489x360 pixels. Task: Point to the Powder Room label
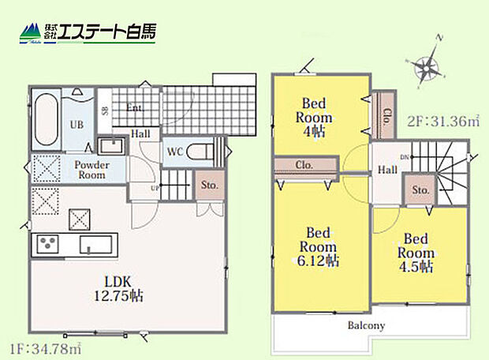pyautogui.click(x=91, y=170)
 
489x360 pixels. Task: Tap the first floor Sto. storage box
pyautogui.click(x=210, y=186)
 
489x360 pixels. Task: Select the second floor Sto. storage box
pyautogui.click(x=420, y=190)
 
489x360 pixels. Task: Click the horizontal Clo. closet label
pyautogui.click(x=305, y=166)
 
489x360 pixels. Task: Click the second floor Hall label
pyautogui.click(x=386, y=170)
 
